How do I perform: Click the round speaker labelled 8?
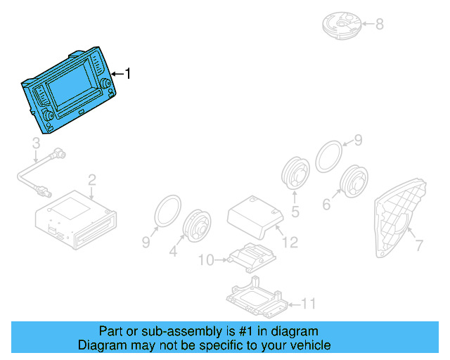[342, 22]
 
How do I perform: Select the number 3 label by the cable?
[36, 145]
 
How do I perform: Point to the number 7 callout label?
[419, 246]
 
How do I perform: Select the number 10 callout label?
[206, 260]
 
